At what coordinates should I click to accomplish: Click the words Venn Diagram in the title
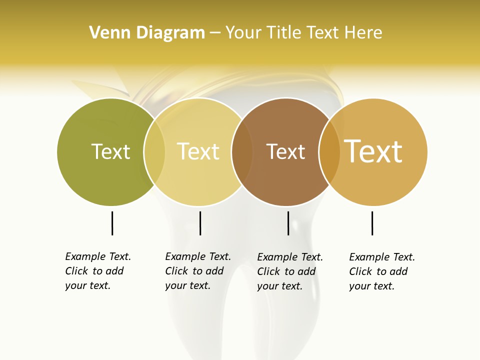tap(147, 32)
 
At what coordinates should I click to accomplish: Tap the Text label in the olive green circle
tap(110, 151)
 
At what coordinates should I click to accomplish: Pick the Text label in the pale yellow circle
tap(198, 151)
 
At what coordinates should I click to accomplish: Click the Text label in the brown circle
tap(285, 151)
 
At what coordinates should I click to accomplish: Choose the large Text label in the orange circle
tap(373, 151)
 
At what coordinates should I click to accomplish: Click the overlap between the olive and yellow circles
tap(154, 151)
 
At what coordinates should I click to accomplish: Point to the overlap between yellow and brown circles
tap(242, 151)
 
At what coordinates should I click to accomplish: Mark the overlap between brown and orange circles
tap(329, 151)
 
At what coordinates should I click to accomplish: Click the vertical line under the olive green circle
tap(112, 223)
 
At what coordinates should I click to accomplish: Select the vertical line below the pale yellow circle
tap(200, 223)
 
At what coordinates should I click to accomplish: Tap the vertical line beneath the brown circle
tap(288, 223)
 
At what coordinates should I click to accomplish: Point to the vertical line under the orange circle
tap(372, 223)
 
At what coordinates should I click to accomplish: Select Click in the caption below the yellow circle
tap(176, 271)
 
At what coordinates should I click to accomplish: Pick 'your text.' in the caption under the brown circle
tap(279, 286)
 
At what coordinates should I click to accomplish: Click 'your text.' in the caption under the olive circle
tap(87, 286)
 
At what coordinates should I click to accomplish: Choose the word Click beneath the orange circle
tap(360, 271)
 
